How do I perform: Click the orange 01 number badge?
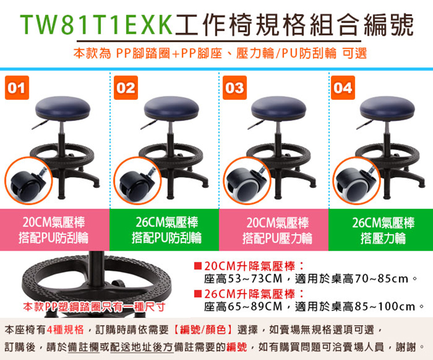tap(17, 88)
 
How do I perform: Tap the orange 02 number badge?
tap(126, 88)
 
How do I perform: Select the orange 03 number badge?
tap(235, 88)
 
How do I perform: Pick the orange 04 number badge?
tap(343, 88)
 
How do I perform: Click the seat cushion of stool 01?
tap(63, 108)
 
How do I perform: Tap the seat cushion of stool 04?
tap(387, 108)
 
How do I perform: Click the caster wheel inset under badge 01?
tap(28, 180)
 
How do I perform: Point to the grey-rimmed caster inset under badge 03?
tap(247, 180)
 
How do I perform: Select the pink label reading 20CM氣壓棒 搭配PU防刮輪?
tap(55, 230)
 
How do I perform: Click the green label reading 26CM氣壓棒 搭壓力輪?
tap(381, 230)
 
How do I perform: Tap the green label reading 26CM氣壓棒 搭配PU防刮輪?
tap(165, 230)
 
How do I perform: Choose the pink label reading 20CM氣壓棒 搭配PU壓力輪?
tap(274, 230)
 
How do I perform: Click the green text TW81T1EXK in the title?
tap(96, 25)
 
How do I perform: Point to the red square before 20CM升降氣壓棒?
tap(197, 266)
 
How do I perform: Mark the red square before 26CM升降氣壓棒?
tap(197, 294)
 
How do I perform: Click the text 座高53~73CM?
tap(243, 279)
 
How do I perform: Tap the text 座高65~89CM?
tap(243, 306)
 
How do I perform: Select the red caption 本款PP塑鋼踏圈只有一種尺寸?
tap(94, 307)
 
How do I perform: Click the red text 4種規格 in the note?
tap(65, 329)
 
